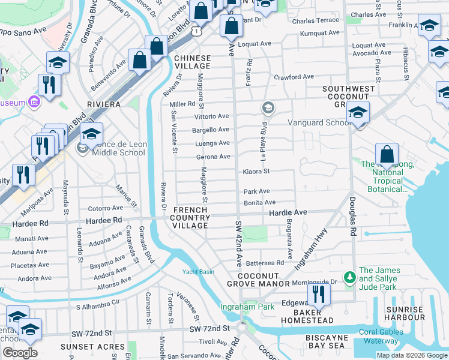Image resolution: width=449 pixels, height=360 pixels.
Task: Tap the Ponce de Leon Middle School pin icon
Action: coord(82,148)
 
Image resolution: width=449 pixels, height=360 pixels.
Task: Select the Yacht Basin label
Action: coord(198,272)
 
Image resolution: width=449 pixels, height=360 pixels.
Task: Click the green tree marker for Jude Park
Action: coord(349,277)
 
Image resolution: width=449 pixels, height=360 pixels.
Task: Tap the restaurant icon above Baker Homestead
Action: coord(318,294)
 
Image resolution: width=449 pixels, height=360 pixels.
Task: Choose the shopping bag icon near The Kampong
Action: coord(387,155)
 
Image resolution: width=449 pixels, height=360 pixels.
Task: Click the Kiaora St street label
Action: coord(256,171)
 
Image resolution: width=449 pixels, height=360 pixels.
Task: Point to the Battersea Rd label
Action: coord(265,263)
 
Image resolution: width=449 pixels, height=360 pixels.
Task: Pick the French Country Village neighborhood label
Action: coord(190,217)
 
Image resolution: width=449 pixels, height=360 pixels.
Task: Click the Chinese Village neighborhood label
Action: coord(193,62)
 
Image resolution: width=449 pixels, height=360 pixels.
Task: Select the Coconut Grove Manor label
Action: coord(258,283)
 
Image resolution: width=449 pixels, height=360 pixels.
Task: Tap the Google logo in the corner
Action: coord(20,353)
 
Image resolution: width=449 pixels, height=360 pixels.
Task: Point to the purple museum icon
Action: coord(32,103)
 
